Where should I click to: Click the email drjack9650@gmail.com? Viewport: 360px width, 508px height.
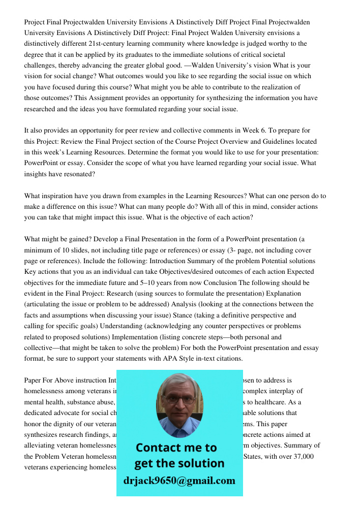tap(179, 481)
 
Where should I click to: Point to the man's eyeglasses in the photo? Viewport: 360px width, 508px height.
tap(179, 400)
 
